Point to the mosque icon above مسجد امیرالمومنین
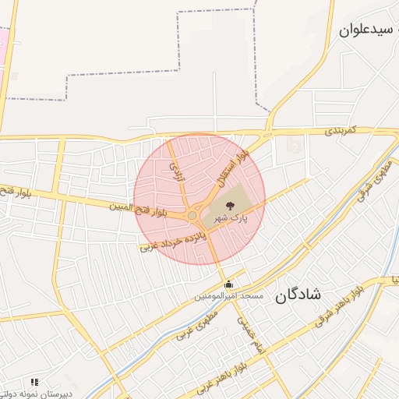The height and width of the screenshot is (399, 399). coord(228,284)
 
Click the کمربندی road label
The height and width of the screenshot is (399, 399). coord(341,129)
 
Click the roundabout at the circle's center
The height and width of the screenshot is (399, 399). coord(192,216)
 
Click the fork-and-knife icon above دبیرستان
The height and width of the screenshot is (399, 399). coord(34,383)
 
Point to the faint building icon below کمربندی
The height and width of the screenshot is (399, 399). coord(292,146)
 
